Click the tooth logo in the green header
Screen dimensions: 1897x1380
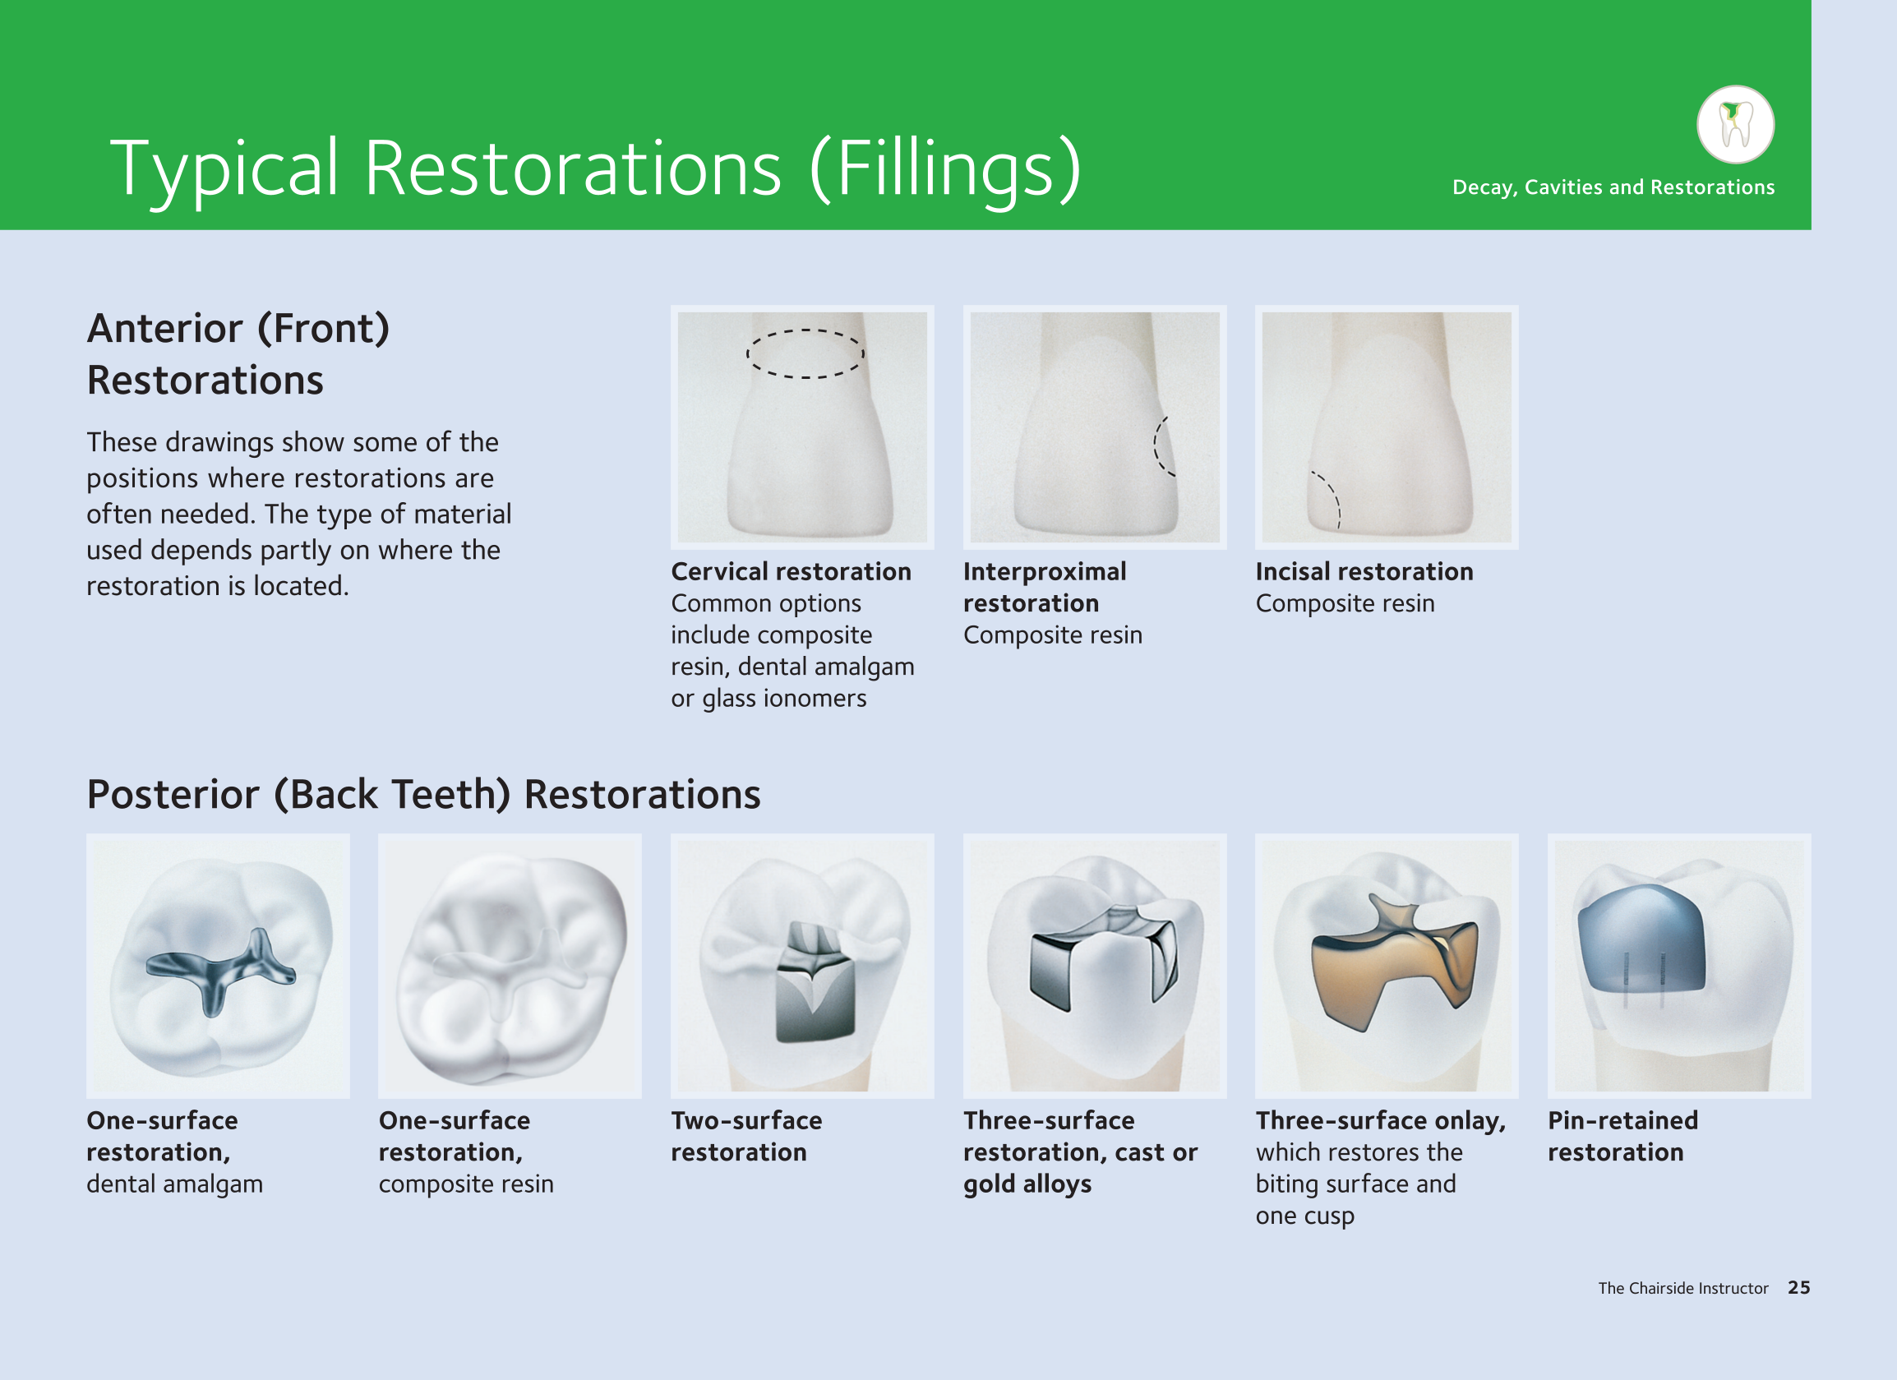(x=1736, y=125)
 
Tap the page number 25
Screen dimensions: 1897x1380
(x=1798, y=1288)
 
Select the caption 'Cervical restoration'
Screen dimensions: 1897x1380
(x=792, y=572)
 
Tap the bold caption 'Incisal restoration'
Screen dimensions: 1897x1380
(x=1364, y=572)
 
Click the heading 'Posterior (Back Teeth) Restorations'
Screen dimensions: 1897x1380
(x=424, y=795)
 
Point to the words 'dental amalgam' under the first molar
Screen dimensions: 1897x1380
(x=175, y=1184)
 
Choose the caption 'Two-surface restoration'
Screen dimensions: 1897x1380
(x=747, y=1137)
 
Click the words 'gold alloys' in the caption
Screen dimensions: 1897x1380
(x=1027, y=1185)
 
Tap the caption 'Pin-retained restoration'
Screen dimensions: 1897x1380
(x=1622, y=1137)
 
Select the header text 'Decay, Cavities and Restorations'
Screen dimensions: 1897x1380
(x=1613, y=187)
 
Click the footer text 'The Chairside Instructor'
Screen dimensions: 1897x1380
(x=1682, y=1288)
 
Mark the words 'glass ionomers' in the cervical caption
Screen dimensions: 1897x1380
(x=785, y=699)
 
